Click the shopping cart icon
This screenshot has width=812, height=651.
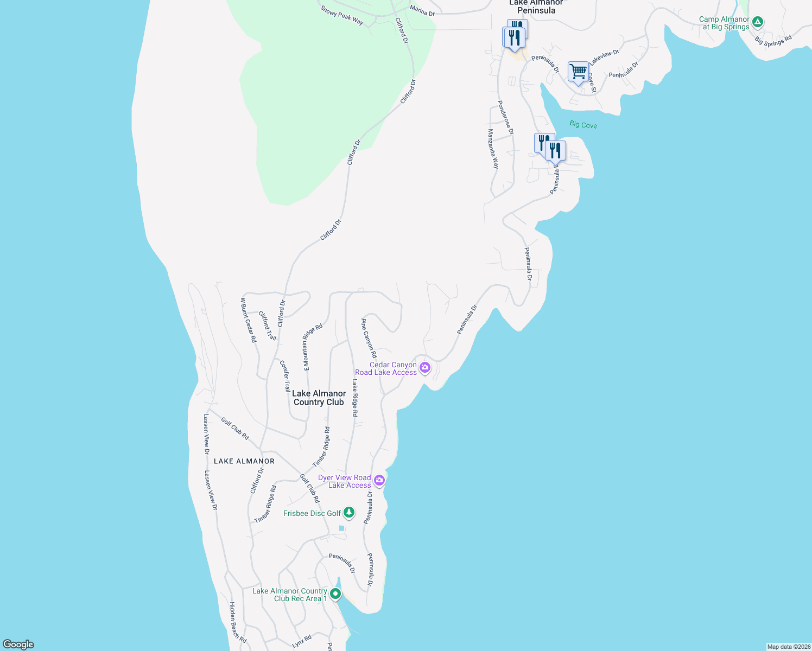click(579, 71)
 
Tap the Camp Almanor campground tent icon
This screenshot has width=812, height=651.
click(758, 23)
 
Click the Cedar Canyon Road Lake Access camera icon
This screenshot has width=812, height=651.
click(425, 368)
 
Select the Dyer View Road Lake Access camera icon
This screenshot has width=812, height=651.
click(379, 480)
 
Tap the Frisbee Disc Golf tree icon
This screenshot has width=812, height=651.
click(349, 512)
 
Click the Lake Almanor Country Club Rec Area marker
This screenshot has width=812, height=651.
click(336, 594)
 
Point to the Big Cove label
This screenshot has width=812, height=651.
click(583, 125)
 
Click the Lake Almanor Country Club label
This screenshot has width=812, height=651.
click(319, 398)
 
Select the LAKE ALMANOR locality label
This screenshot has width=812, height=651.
click(244, 461)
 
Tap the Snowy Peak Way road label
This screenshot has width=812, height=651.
click(342, 15)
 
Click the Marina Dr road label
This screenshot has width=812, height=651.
click(422, 10)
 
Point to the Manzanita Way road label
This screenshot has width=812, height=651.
click(493, 149)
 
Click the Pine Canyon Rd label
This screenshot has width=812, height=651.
click(369, 338)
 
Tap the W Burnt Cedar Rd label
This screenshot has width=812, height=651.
click(249, 320)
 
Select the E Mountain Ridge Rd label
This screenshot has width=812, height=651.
click(313, 347)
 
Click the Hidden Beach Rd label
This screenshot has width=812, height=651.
click(237, 622)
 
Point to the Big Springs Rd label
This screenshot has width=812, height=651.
click(773, 41)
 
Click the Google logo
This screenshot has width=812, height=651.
click(18, 644)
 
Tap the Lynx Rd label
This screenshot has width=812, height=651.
click(302, 641)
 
